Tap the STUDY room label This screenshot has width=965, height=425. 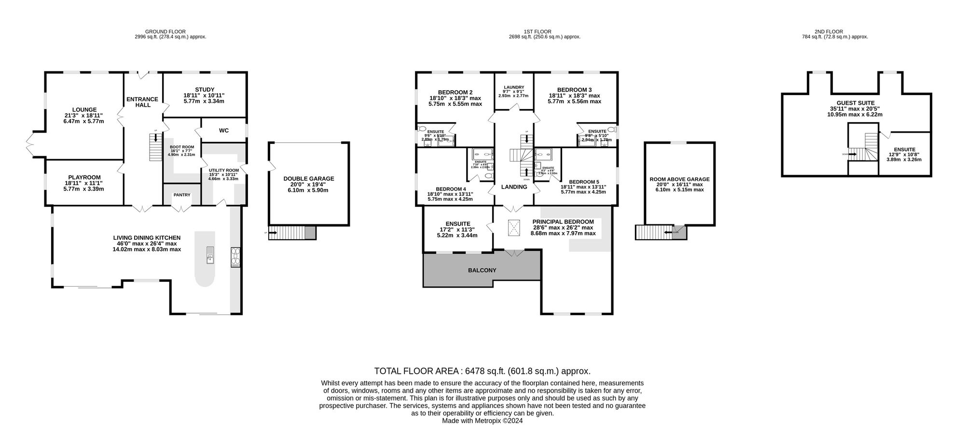205,89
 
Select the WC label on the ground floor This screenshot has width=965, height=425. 223,130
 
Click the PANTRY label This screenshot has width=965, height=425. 182,195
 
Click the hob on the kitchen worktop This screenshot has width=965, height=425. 236,257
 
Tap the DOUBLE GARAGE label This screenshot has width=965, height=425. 309,178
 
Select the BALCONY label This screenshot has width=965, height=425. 482,270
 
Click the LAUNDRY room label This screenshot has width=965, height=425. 513,87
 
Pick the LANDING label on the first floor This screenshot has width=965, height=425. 514,187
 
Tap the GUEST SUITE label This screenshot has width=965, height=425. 855,103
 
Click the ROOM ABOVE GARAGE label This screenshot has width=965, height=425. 679,179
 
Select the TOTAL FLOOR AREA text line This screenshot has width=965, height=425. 482,371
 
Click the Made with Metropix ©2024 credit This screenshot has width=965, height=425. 482,421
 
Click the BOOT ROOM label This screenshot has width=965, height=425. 182,147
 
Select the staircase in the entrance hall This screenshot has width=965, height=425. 155,147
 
